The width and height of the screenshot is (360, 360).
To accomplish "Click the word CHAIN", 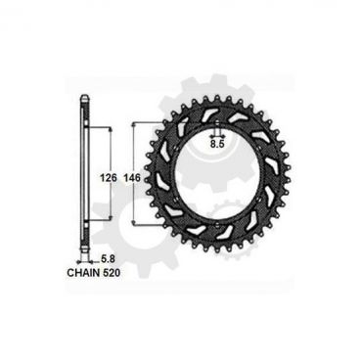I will [86, 273].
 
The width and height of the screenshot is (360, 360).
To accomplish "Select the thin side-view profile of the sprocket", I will [86, 176].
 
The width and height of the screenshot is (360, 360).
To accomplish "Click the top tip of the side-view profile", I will [86, 96].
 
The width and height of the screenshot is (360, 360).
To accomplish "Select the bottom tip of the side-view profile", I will [86, 258].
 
